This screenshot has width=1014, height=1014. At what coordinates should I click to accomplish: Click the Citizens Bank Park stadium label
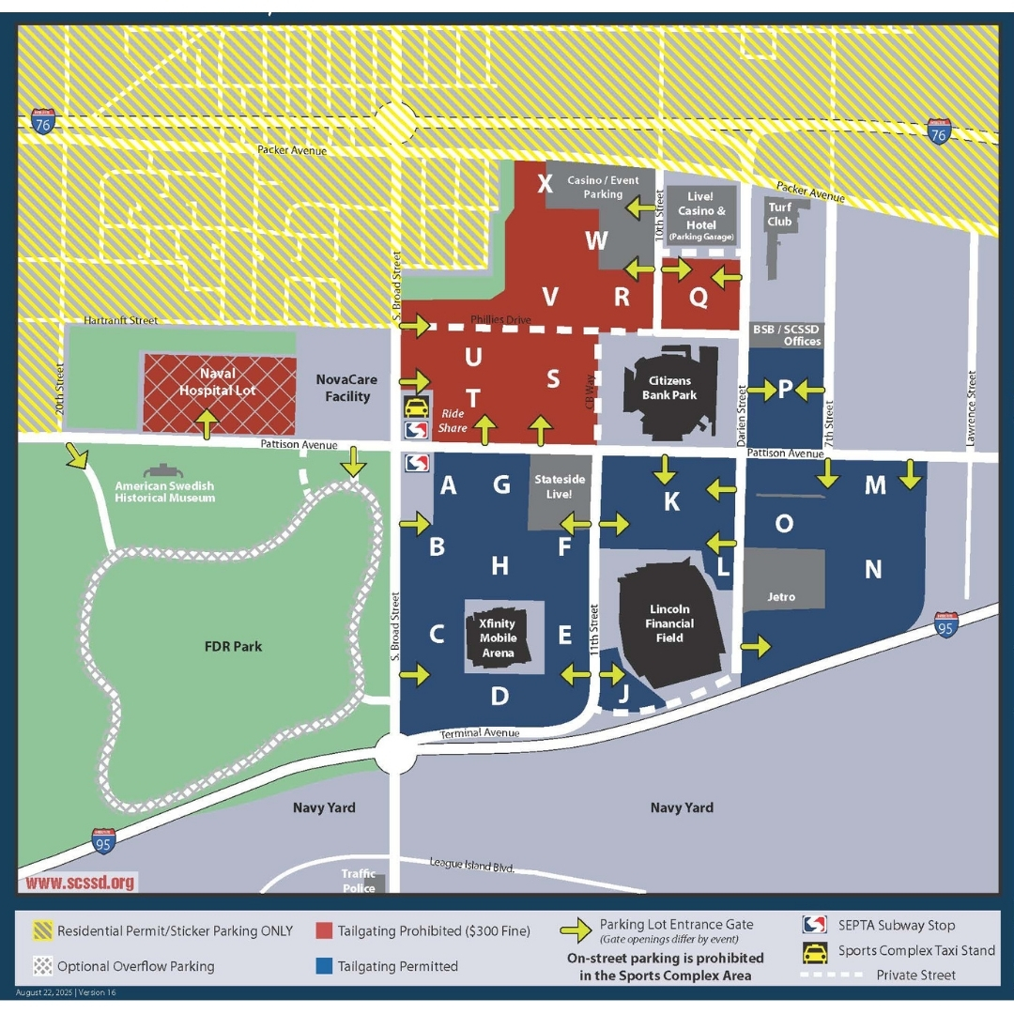click(669, 388)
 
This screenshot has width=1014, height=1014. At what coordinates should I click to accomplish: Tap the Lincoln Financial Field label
click(669, 623)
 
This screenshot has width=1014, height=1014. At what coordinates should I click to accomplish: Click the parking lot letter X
click(545, 183)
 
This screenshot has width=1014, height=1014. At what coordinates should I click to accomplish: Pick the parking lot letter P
click(785, 389)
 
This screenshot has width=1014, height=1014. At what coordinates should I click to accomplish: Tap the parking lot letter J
click(623, 696)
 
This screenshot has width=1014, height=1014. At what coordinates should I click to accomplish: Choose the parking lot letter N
click(873, 569)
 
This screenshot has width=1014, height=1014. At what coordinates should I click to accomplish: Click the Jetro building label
click(781, 596)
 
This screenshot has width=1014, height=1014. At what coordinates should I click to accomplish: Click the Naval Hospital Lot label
click(218, 382)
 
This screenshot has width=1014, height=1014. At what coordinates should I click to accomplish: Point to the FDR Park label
click(234, 646)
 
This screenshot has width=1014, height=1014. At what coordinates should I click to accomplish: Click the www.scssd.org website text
click(81, 883)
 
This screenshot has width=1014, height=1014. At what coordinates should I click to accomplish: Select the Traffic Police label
click(359, 881)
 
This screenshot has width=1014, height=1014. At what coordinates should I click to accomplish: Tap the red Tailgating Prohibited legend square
click(324, 931)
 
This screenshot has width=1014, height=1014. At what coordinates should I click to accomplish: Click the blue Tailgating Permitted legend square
click(324, 965)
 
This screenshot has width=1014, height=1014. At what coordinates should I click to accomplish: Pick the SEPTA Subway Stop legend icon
click(814, 925)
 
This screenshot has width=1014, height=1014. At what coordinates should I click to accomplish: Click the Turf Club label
click(780, 215)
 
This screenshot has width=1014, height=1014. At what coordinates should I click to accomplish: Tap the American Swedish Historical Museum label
click(165, 491)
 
